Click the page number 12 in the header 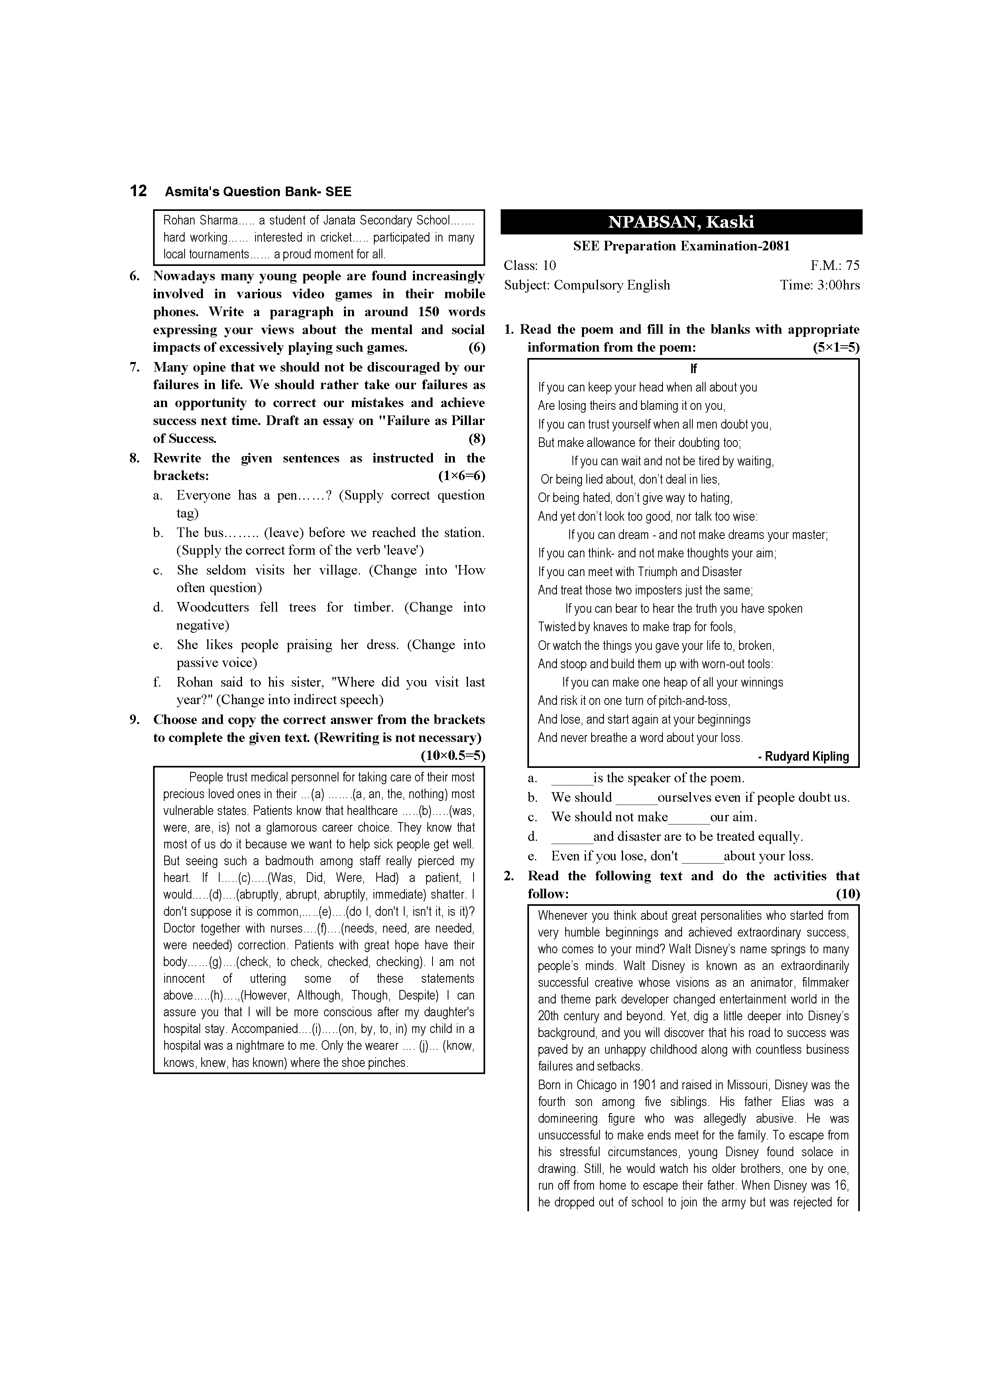pyautogui.click(x=138, y=191)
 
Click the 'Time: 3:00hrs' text pyautogui.click(x=820, y=285)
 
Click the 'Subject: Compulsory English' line pyautogui.click(x=586, y=285)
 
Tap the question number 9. pyautogui.click(x=135, y=720)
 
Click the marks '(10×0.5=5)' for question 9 pyautogui.click(x=453, y=756)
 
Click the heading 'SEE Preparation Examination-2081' pyautogui.click(x=681, y=246)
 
